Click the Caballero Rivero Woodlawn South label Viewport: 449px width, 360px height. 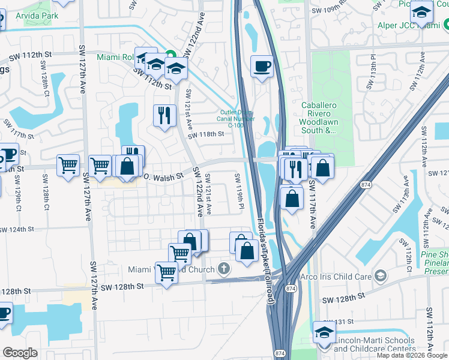tap(326, 117)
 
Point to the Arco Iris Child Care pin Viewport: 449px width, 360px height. tap(379, 275)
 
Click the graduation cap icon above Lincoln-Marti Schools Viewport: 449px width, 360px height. tap(324, 332)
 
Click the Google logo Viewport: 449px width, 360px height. tap(20, 353)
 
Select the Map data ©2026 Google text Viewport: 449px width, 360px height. tap(412, 355)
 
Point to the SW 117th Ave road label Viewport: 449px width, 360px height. tap(312, 204)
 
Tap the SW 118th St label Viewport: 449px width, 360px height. tap(205, 135)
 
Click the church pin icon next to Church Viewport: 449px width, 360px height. tap(224, 269)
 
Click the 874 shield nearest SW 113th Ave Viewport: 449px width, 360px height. tap(366, 186)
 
